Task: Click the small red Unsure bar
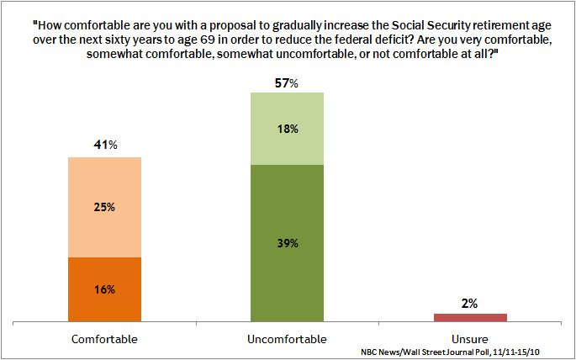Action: click(x=469, y=317)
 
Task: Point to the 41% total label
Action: click(x=104, y=146)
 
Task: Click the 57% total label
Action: click(x=287, y=82)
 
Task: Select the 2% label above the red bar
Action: click(x=469, y=303)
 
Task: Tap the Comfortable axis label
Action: click(x=104, y=339)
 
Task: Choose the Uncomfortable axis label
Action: click(x=287, y=339)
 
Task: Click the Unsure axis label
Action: click(x=469, y=339)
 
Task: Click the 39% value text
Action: click(x=287, y=243)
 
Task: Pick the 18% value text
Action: click(x=287, y=129)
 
